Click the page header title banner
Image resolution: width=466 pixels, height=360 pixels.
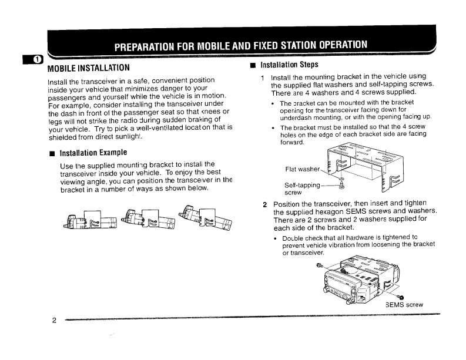(x=241, y=45)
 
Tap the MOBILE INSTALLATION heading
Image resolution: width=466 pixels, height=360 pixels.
(x=88, y=66)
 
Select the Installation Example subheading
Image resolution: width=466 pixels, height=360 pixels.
(x=93, y=153)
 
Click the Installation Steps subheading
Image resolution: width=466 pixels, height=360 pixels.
(x=289, y=65)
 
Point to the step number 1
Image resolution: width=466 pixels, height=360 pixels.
(x=262, y=78)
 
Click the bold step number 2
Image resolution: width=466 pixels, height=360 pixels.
(x=265, y=204)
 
